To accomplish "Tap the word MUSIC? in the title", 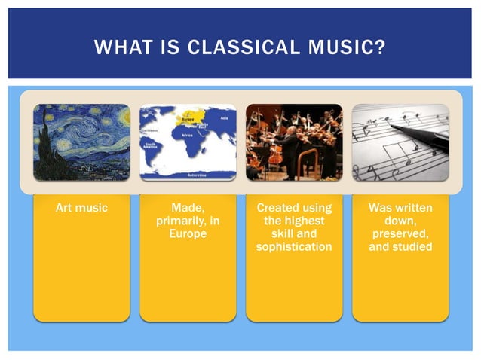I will (348, 49).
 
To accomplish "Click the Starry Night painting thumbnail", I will (81, 142).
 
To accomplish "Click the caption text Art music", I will (81, 207).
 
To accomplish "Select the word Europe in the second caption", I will (188, 234).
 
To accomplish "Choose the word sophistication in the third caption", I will (294, 247).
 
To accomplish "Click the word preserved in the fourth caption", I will (400, 233).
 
